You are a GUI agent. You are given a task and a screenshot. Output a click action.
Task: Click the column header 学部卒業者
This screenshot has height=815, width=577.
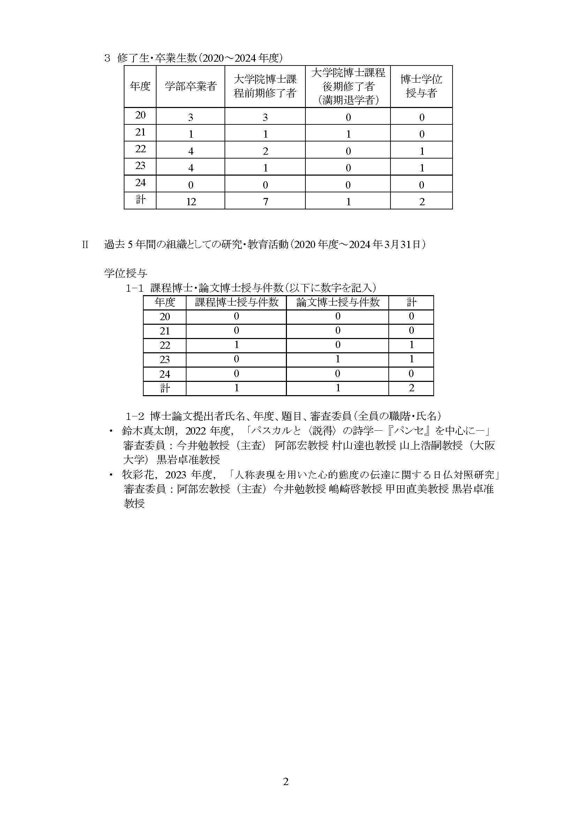pyautogui.click(x=190, y=86)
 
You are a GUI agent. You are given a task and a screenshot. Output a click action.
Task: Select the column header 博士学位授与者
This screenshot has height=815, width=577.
pyautogui.click(x=421, y=86)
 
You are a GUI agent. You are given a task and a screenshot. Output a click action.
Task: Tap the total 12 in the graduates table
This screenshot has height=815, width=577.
pyautogui.click(x=191, y=202)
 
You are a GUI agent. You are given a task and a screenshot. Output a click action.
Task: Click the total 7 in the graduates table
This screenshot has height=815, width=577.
pyautogui.click(x=265, y=202)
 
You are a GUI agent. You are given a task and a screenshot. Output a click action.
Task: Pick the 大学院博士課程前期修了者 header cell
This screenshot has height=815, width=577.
pyautogui.click(x=265, y=86)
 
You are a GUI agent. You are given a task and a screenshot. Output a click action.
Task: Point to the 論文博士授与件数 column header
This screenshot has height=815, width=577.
pyautogui.click(x=337, y=302)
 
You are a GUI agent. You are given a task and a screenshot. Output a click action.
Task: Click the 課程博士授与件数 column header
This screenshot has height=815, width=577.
pyautogui.click(x=236, y=302)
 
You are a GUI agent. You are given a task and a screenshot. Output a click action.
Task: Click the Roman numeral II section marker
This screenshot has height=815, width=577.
pyautogui.click(x=85, y=245)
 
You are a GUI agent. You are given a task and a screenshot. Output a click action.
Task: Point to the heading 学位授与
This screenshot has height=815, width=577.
pyautogui.click(x=126, y=273)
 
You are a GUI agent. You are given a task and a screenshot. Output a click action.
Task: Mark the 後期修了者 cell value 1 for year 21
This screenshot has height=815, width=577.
pyautogui.click(x=348, y=134)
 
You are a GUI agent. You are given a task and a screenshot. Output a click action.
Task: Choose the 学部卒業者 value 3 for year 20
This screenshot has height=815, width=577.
pyautogui.click(x=191, y=117)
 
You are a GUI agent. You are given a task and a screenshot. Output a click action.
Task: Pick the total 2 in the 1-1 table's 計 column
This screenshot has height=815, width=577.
pyautogui.click(x=411, y=388)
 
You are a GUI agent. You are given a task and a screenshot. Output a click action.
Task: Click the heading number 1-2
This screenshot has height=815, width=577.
pyautogui.click(x=134, y=415)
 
